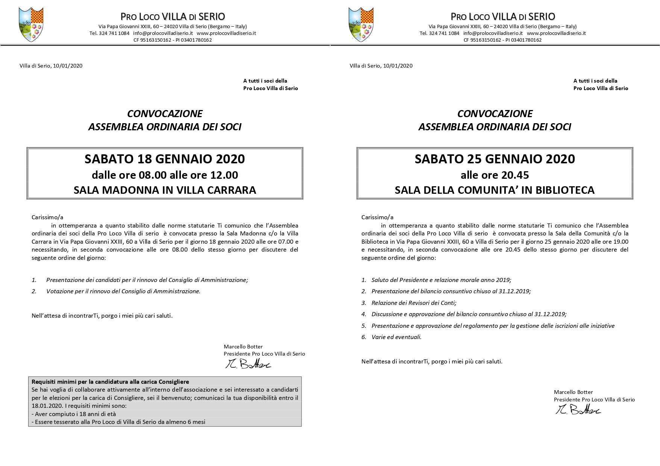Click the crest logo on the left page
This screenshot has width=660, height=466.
tap(31, 24)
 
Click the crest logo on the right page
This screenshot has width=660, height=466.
tap(361, 24)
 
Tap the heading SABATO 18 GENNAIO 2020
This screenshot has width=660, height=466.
tap(165, 159)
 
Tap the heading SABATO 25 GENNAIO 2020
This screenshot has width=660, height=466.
tap(495, 159)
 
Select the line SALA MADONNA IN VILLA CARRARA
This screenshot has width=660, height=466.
tap(165, 190)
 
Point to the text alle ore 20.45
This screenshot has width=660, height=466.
tap(495, 175)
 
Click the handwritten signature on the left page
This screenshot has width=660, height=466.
tap(248, 364)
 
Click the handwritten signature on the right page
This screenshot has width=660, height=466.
tap(578, 410)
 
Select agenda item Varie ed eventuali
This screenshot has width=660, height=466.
tap(396, 337)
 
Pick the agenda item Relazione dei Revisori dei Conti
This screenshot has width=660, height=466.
tap(414, 303)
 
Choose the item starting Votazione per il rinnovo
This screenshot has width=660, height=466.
tap(123, 291)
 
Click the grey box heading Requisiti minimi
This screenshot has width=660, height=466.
tap(110, 382)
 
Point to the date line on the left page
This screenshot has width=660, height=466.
tap(51, 66)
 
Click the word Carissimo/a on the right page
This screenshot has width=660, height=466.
tap(377, 217)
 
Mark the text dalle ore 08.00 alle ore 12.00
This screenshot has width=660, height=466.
tap(165, 175)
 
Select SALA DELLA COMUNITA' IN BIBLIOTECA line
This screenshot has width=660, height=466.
tap(495, 190)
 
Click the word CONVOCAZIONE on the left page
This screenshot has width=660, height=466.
tap(165, 113)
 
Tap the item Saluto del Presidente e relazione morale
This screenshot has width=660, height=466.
tap(441, 280)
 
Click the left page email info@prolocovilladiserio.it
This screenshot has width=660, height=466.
tap(163, 33)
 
